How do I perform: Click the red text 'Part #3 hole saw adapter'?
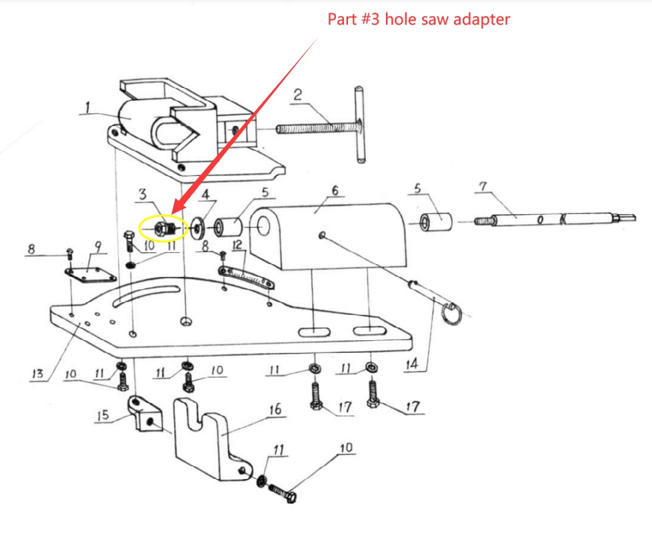418,19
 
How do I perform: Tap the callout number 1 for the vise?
87,106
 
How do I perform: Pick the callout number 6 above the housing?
335,191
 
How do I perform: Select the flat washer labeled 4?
198,227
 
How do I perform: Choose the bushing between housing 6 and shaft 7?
436,221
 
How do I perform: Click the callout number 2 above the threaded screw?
298,95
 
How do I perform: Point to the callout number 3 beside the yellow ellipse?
142,195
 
